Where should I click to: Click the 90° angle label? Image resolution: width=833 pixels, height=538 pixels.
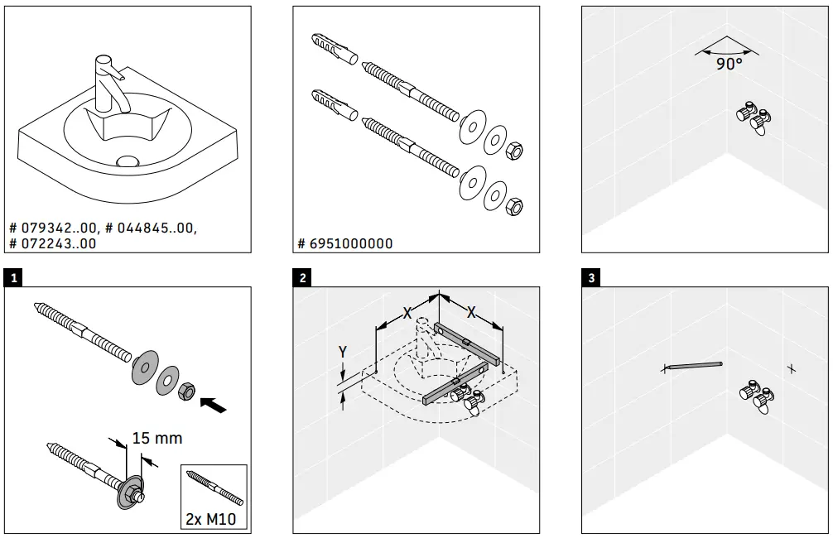729,65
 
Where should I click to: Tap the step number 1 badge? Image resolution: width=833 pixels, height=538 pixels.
11,278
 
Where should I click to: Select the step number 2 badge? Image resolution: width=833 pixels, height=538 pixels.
302,278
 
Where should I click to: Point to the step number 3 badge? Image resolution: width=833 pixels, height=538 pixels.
590,278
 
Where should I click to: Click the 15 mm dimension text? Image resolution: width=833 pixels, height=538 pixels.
157,437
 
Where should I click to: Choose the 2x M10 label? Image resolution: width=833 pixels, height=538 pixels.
214,520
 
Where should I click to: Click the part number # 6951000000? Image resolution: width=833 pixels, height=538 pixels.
345,243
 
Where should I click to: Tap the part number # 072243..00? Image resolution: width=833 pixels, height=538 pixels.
52,243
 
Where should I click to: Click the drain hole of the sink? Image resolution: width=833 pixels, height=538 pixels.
128,161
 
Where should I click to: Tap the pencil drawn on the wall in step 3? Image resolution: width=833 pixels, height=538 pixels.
694,365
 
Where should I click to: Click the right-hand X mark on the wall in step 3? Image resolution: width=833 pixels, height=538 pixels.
792,368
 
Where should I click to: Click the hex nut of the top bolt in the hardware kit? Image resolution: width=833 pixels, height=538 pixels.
513,150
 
